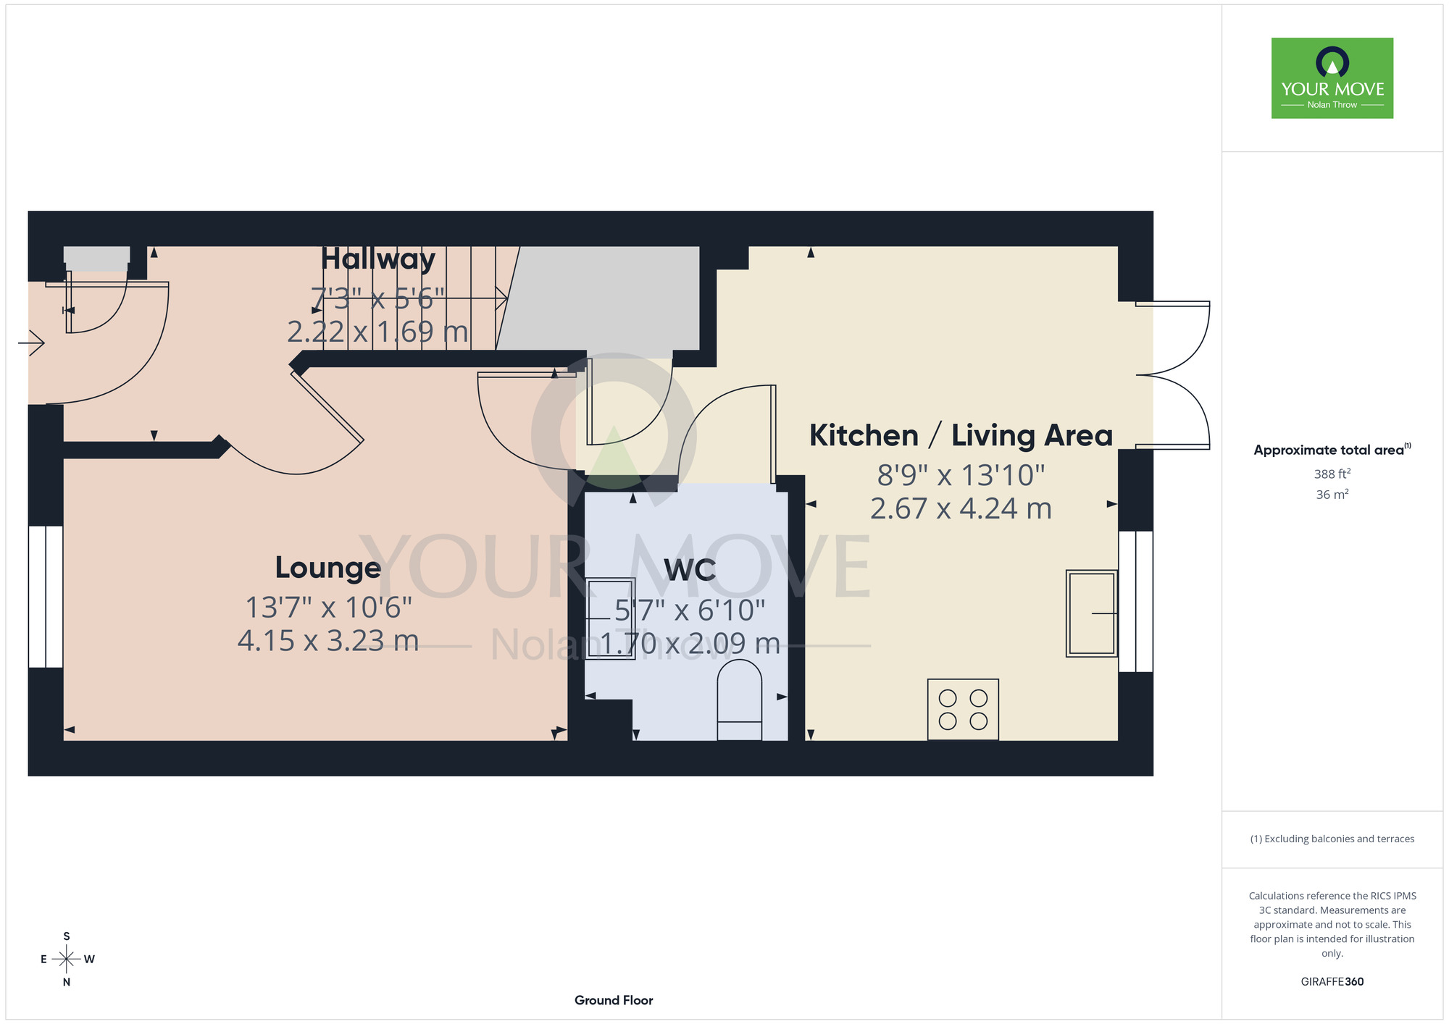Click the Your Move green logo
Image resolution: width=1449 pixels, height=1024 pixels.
[1332, 78]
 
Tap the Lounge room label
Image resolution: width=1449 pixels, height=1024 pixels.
[328, 568]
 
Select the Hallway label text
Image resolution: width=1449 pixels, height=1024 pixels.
[378, 259]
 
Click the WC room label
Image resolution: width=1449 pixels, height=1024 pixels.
[690, 571]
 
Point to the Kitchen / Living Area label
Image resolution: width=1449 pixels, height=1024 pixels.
[961, 436]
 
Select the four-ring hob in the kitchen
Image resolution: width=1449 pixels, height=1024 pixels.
[963, 710]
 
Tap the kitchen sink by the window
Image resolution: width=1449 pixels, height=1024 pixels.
[1092, 613]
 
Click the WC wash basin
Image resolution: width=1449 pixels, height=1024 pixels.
[610, 618]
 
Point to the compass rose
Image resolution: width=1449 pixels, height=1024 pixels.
[67, 960]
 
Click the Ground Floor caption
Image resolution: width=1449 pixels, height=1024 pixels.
[614, 1000]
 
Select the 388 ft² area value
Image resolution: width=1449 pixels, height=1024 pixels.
[1332, 474]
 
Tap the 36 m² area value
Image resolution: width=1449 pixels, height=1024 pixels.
[1332, 495]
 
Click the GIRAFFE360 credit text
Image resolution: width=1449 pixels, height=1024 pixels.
[1332, 982]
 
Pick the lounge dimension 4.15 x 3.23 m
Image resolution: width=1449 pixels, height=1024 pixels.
[328, 641]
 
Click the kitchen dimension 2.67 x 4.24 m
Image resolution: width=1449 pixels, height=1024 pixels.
[961, 509]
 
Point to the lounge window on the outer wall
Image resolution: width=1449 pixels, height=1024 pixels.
[46, 596]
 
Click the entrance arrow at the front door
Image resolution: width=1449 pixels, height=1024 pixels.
[31, 343]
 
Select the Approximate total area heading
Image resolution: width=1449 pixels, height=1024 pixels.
[1332, 450]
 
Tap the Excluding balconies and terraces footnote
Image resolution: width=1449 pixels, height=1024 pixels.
[1332, 839]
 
